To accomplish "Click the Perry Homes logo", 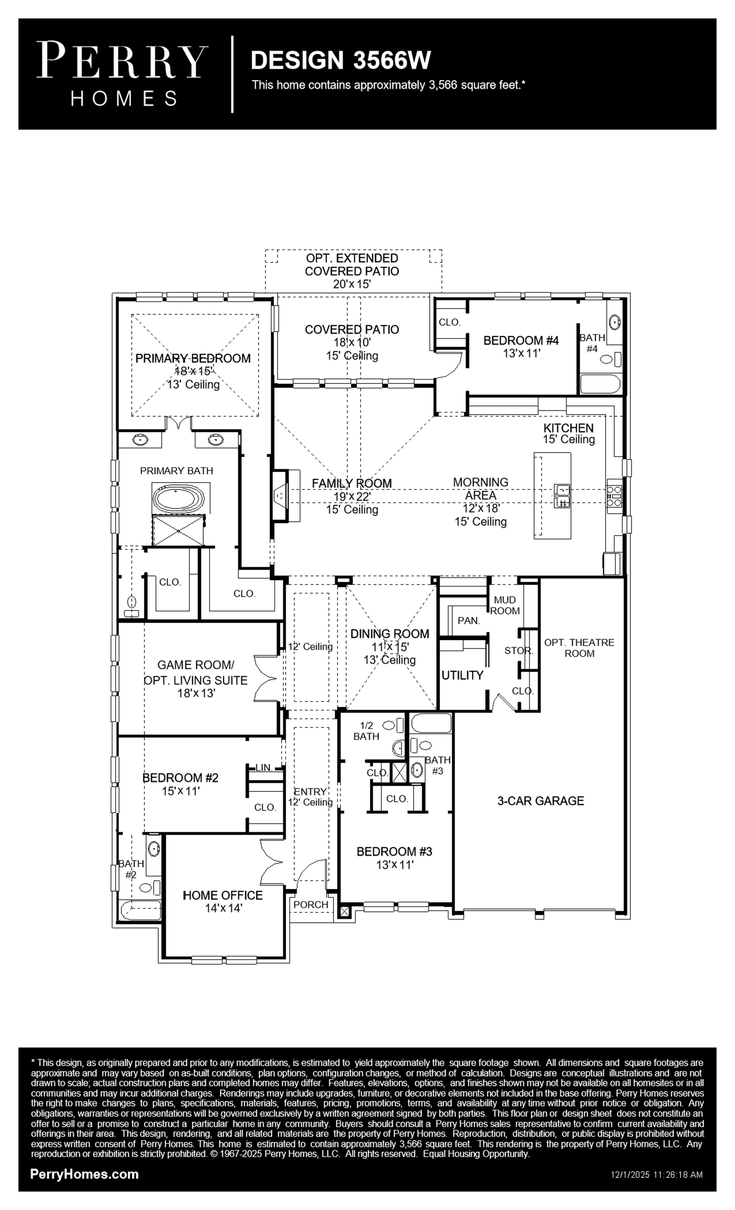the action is [x=122, y=74].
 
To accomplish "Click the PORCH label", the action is [x=311, y=905].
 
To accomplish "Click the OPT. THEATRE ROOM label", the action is [x=579, y=648].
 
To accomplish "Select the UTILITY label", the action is [x=462, y=675].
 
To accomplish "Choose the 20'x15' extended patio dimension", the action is [x=352, y=284].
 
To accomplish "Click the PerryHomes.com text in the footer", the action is [x=84, y=1174].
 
